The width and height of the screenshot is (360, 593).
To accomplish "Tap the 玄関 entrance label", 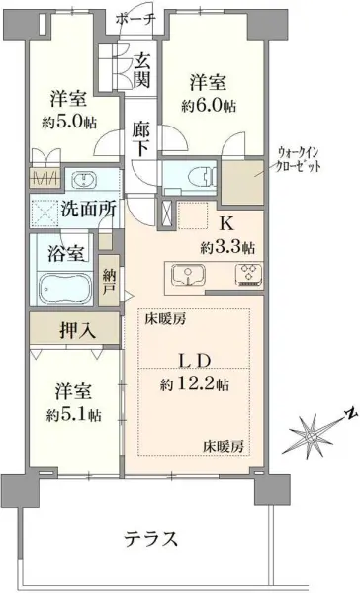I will (141, 70).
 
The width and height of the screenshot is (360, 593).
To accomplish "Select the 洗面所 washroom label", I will (87, 209).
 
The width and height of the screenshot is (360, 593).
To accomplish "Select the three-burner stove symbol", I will (246, 274).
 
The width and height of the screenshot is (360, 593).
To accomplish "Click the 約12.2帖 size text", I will (195, 383).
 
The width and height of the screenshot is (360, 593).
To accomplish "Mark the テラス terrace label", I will (149, 539).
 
